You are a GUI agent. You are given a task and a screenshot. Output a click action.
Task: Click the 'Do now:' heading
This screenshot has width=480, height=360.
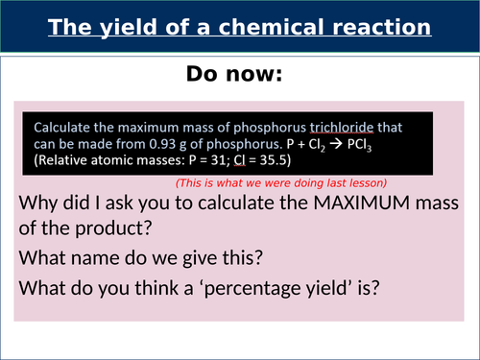(240, 75)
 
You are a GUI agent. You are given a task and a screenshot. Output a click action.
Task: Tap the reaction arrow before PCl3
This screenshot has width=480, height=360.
(378, 145)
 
